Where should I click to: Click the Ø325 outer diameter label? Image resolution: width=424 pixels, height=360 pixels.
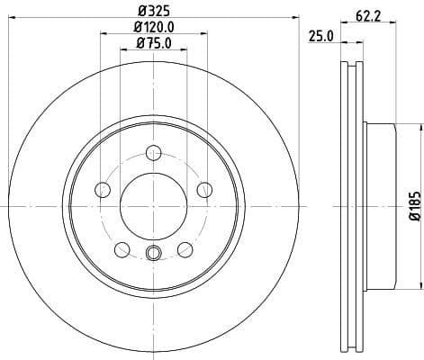(x=153, y=11)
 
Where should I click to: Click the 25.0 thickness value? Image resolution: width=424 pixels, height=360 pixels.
(x=321, y=35)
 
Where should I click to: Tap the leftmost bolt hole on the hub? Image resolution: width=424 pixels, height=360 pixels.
(x=102, y=189)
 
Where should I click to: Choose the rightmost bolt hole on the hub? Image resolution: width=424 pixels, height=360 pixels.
(x=204, y=189)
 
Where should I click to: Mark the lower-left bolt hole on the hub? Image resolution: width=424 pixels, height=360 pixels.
(x=121, y=249)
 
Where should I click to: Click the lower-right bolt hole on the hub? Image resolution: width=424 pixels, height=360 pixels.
(x=185, y=249)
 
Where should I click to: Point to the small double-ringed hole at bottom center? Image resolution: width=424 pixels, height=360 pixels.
(x=153, y=252)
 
